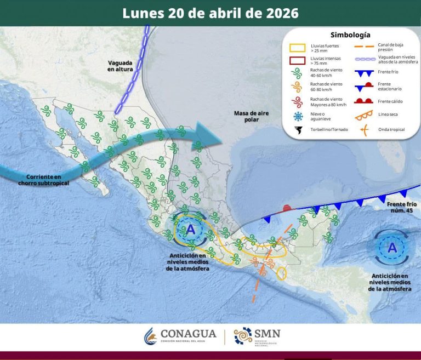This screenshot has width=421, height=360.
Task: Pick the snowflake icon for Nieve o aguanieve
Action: [x=298, y=116]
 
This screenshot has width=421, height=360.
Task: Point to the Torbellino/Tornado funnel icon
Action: [x=298, y=130]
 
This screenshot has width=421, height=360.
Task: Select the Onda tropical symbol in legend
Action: [x=363, y=129]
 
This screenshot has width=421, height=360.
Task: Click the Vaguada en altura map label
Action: [x=120, y=66]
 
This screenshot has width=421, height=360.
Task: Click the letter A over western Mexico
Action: [x=190, y=229]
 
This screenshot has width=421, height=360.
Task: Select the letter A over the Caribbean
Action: [x=392, y=248]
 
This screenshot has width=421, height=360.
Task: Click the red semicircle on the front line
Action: [x=286, y=208]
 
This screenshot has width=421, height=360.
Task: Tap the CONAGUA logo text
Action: [x=188, y=334]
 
